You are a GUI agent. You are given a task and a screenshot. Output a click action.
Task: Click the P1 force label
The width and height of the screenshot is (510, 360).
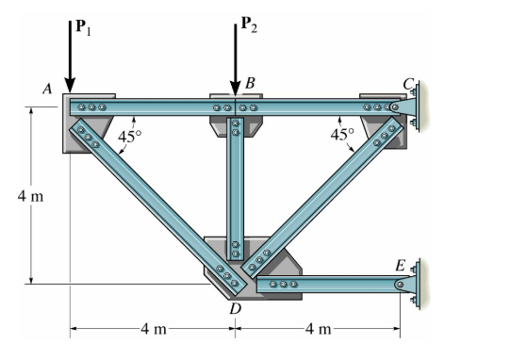tap(83, 26)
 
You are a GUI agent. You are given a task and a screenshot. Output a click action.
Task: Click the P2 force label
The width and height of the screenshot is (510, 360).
tap(249, 25)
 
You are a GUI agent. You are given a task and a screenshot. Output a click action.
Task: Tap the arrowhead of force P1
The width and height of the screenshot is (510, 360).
tap(70, 85)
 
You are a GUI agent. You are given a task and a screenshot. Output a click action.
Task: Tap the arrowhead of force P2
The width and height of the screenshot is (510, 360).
tap(235, 88)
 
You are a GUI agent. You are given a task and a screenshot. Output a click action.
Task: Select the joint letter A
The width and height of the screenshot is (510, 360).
tap(47, 89)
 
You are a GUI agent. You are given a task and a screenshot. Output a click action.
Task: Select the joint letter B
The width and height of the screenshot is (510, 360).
tap(250, 83)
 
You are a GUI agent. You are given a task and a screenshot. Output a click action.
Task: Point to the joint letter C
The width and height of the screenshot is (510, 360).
tap(408, 84)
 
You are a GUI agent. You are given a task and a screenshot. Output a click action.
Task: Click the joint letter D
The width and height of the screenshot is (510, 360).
tap(235, 308)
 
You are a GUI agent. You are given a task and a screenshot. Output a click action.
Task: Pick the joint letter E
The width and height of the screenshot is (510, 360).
tap(400, 266)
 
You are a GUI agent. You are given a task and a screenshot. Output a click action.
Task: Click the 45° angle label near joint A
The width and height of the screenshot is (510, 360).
tap(130, 137)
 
